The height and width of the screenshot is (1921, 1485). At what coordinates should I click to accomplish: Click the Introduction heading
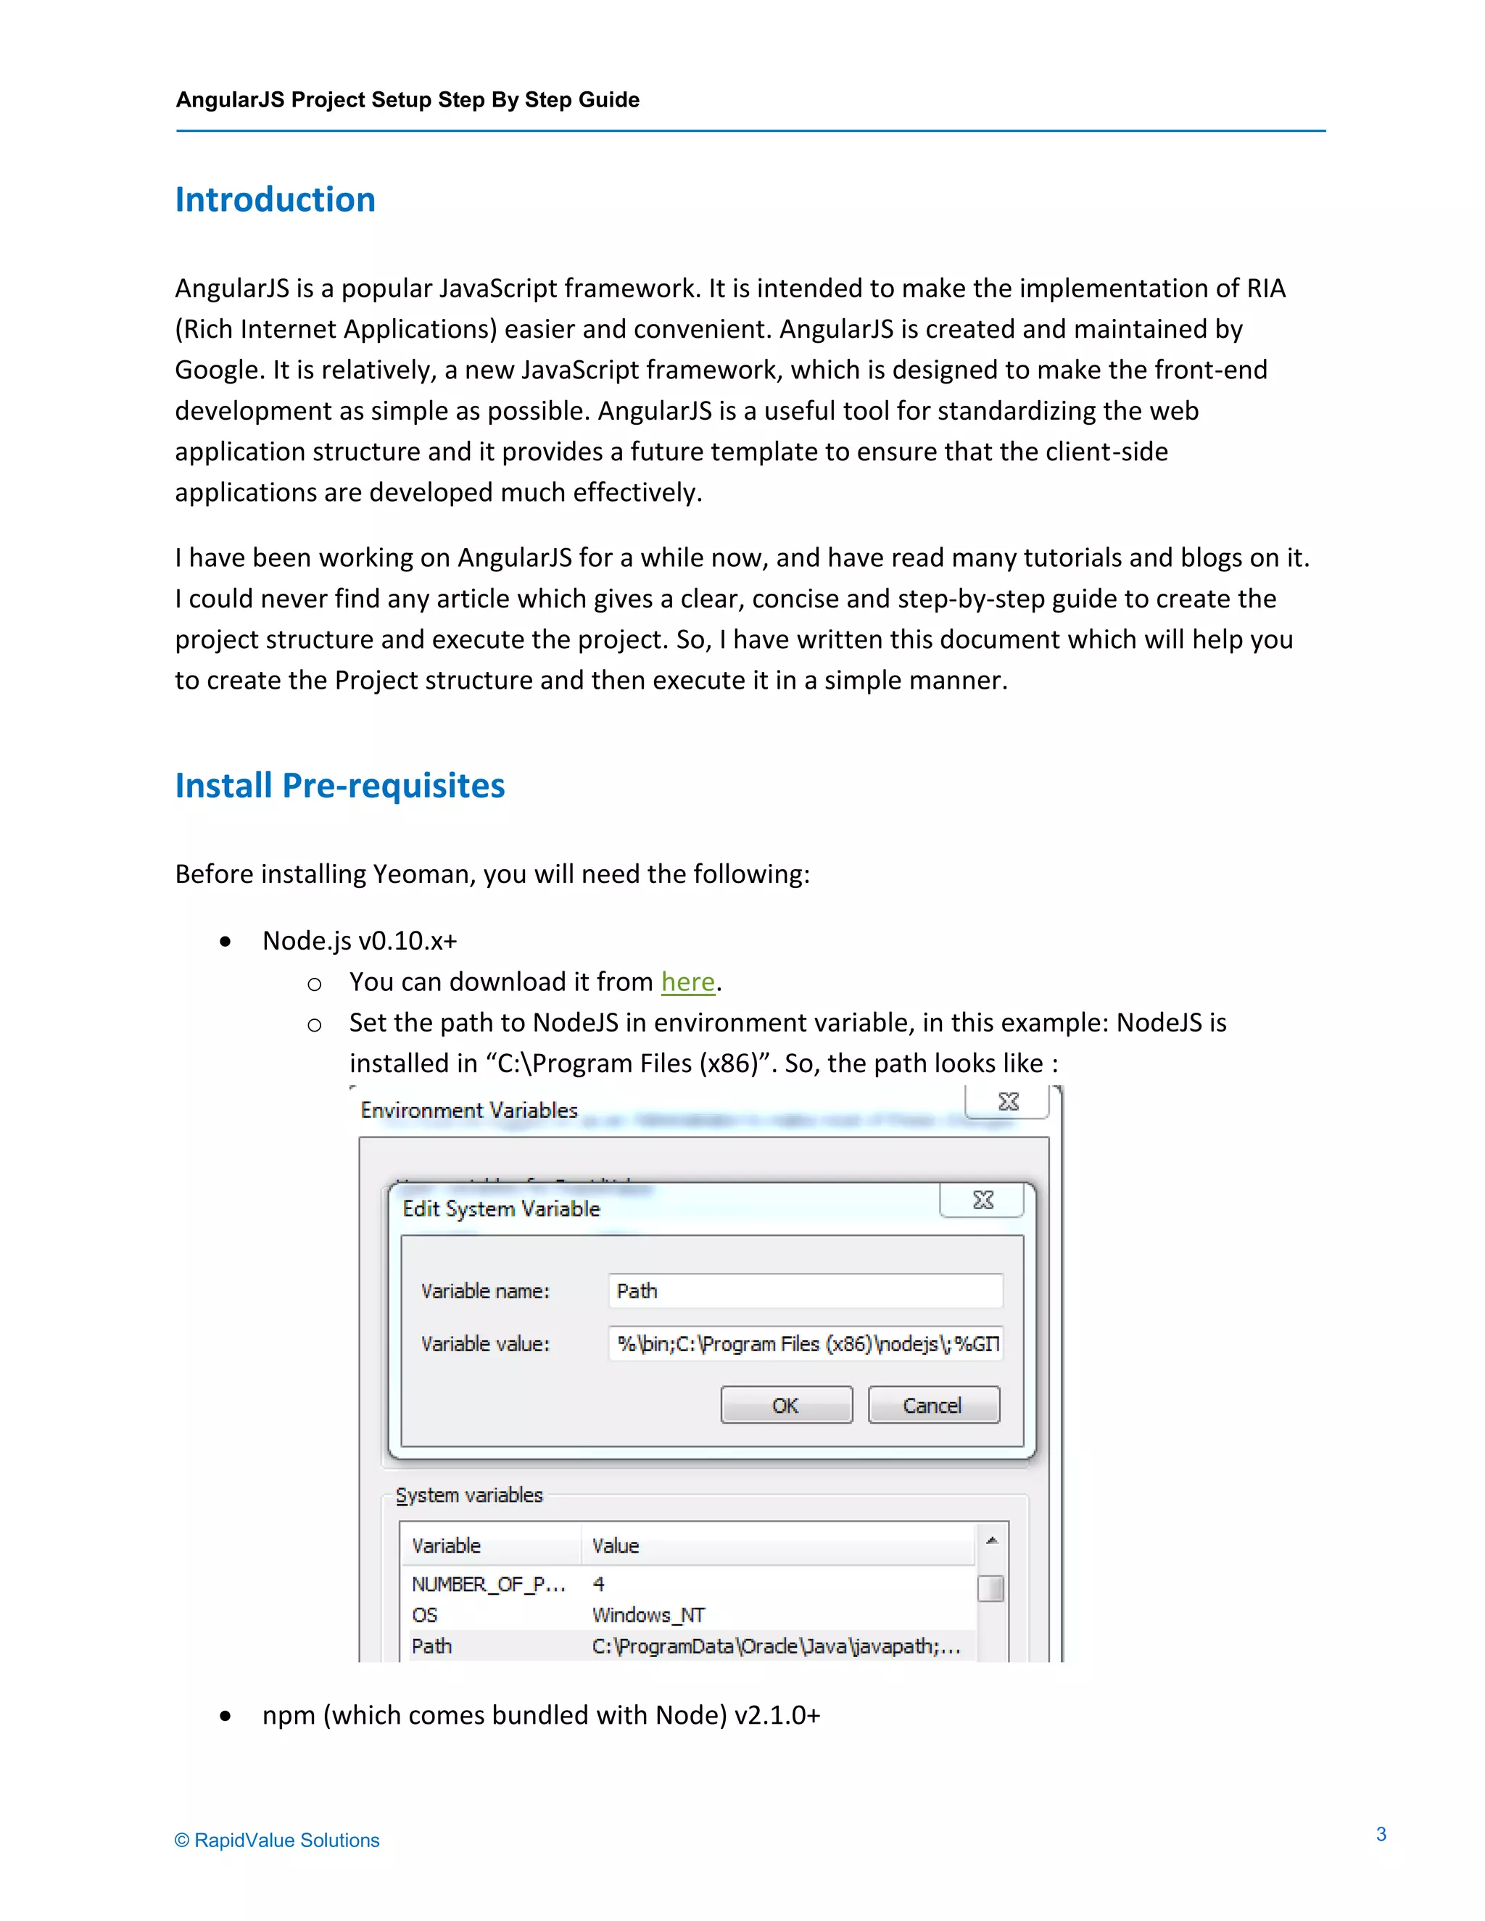[276, 199]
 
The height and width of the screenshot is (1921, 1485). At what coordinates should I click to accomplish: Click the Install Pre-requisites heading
[339, 786]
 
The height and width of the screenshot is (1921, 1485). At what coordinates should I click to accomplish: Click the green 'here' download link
[688, 982]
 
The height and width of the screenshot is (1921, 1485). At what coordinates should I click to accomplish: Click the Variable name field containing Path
[805, 1291]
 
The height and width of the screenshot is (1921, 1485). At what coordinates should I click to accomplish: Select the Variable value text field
[805, 1344]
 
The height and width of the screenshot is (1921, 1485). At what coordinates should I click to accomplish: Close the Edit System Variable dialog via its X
[983, 1200]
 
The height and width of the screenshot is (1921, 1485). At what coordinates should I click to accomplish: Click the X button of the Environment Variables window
[1008, 1102]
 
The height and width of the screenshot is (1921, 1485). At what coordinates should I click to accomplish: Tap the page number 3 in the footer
[1381, 1834]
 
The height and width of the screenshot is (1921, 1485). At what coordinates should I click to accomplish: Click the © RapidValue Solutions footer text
[277, 1840]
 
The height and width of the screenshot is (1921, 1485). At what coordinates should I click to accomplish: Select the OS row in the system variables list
[425, 1616]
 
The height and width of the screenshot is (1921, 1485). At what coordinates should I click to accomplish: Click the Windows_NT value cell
[648, 1616]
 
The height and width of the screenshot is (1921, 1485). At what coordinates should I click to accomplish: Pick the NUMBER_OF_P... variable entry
[488, 1585]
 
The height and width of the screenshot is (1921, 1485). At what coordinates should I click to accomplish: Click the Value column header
[616, 1546]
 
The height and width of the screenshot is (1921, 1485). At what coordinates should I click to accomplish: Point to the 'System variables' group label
[469, 1495]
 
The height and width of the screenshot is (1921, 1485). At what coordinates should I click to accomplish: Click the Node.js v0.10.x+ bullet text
[360, 941]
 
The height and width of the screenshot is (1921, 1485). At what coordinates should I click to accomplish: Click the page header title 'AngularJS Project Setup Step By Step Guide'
[408, 99]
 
